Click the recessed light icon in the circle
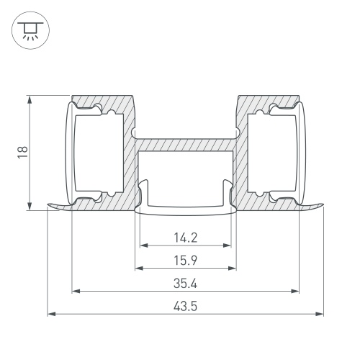[x=30, y=30]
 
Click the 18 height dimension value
[x=23, y=153]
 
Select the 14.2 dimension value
[x=186, y=238]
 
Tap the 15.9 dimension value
[x=186, y=261]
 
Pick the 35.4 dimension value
[x=186, y=284]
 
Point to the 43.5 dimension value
[x=186, y=307]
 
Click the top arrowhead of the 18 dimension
[x=30, y=99]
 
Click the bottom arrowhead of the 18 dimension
[x=30, y=207]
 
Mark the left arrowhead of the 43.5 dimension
[x=51, y=314]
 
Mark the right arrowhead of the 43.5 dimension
[x=320, y=314]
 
